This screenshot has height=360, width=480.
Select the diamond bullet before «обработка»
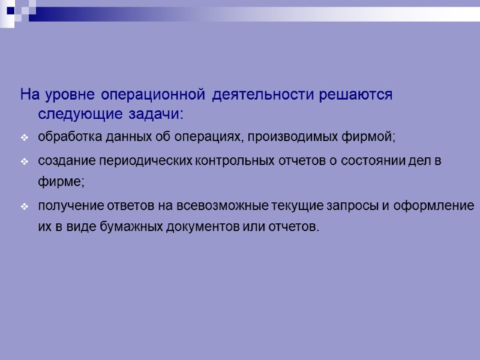[x=25, y=138]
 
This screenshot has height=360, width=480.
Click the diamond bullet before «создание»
[x=25, y=163]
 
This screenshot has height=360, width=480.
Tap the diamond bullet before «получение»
[x=25, y=207]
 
